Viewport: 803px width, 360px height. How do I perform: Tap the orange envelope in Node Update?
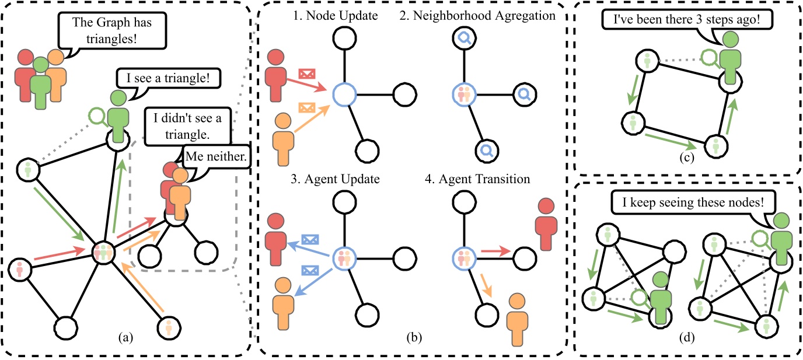click(x=307, y=107)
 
